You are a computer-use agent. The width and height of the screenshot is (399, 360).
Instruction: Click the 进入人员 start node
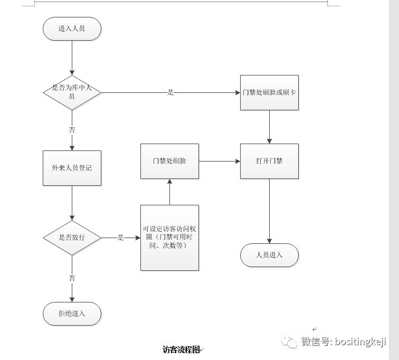pos(72,29)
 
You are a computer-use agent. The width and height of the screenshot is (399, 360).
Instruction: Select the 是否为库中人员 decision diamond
pos(72,92)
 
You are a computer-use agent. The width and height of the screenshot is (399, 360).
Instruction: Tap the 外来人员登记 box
pos(72,168)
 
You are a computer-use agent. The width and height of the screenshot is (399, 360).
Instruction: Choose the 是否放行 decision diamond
pos(72,238)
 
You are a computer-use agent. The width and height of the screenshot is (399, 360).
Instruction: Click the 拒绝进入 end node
pos(72,314)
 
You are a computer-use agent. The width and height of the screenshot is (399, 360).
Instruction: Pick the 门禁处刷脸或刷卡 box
pos(269,92)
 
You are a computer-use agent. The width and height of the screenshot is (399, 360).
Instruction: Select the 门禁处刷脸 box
pos(169,161)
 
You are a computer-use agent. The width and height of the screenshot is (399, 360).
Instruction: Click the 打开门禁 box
pos(269,161)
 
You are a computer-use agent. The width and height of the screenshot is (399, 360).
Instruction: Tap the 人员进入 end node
pos(269,255)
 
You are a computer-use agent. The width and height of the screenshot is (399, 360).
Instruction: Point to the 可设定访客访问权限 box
pos(169,238)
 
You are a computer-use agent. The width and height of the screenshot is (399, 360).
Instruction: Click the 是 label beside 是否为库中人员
pos(170,92)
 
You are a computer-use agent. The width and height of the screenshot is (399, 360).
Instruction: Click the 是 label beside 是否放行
pos(120,238)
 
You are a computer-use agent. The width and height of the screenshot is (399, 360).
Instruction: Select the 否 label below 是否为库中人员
pos(72,129)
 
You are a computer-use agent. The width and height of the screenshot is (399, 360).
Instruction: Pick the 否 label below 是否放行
pos(72,278)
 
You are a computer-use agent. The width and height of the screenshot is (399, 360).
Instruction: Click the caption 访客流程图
pos(181,349)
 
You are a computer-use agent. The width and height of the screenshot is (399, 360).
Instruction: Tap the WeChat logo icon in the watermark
pos(289,342)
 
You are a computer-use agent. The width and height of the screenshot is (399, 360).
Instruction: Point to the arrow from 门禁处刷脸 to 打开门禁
pos(219,161)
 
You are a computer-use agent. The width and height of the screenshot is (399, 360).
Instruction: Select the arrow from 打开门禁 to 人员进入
pos(269,211)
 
